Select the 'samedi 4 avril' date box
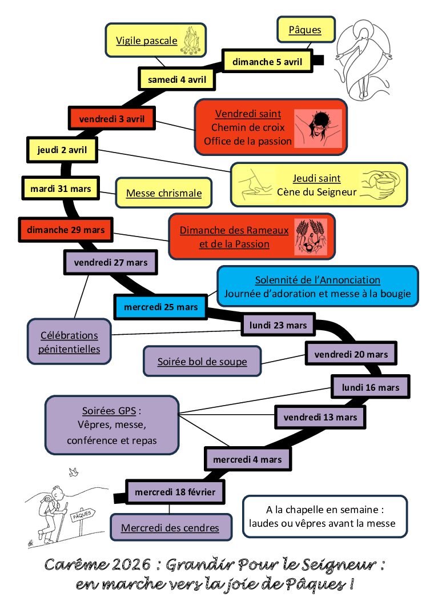tap(177, 79)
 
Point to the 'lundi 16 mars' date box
tap(371, 387)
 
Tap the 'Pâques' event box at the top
tap(305, 30)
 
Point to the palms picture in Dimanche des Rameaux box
tap(310, 237)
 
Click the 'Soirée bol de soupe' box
tap(202, 362)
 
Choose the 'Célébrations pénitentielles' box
tap(69, 342)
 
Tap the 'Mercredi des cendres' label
tap(170, 528)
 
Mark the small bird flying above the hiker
tap(73, 472)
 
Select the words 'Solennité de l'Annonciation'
tap(318, 280)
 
